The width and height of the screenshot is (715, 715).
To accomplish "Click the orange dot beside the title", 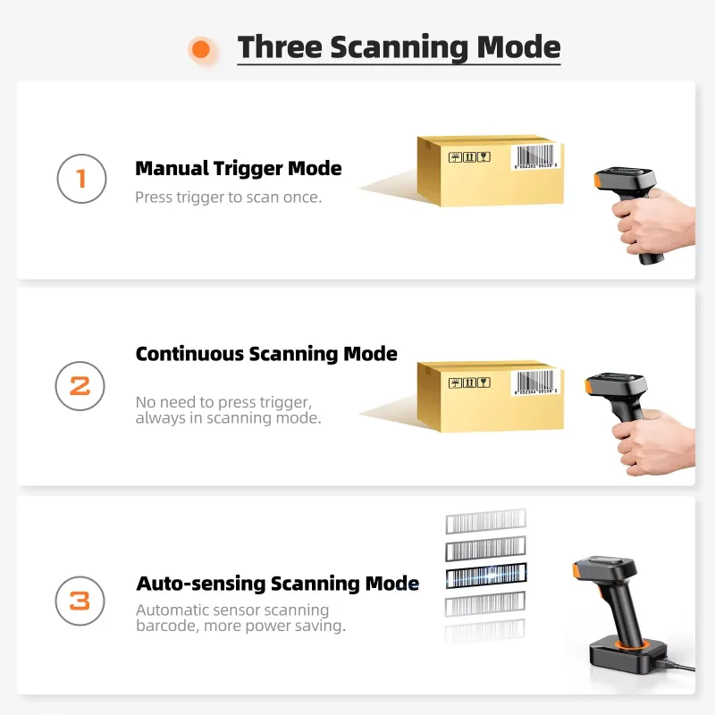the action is (x=201, y=49).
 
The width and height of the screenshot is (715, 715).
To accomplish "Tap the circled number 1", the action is (x=81, y=179).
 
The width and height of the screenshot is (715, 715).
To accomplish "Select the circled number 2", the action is (x=80, y=386).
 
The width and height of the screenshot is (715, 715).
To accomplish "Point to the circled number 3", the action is (x=80, y=601).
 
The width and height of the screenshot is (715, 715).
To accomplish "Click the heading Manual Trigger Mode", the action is (x=239, y=169).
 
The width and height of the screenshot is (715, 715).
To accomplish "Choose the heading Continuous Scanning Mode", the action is (x=266, y=354).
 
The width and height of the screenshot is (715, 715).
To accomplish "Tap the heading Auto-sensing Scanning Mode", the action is (x=278, y=584).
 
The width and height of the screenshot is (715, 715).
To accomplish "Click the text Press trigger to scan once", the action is (x=229, y=197).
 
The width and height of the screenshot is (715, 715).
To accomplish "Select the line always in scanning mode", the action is (x=229, y=418).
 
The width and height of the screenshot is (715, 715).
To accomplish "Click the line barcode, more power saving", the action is (x=240, y=626).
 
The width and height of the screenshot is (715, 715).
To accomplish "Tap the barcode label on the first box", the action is (x=535, y=157).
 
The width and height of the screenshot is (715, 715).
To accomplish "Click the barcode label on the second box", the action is (x=535, y=383).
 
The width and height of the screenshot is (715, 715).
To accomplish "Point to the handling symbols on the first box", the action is (x=469, y=157).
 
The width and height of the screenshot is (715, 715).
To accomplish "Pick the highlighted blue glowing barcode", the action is (x=486, y=576).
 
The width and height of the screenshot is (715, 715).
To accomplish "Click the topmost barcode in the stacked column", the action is (x=485, y=521).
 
